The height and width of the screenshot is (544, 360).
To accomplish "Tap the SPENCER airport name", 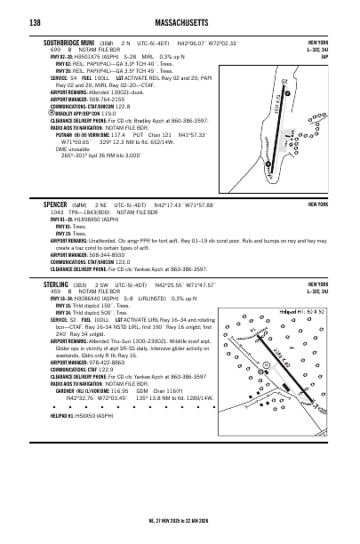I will point(55,204).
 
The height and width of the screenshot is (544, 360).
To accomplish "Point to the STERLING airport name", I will point(56,284).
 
